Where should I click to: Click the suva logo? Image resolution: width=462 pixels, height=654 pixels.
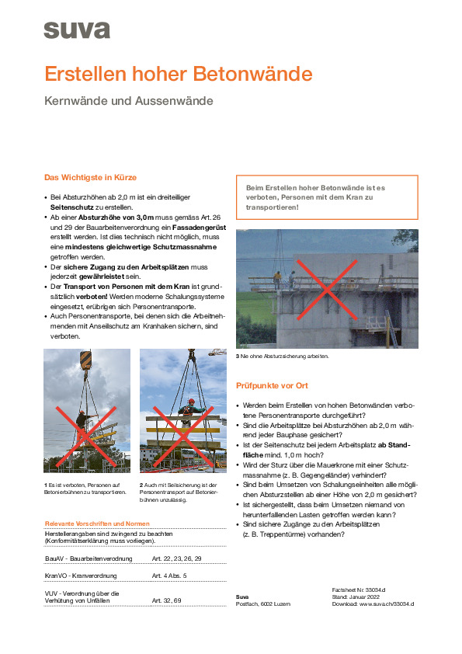tap(77, 30)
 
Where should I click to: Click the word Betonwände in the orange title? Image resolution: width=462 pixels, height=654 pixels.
tap(252, 74)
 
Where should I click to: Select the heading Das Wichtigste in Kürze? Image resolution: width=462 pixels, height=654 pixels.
tap(91, 177)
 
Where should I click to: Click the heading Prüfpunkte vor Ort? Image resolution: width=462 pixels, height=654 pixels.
tap(272, 386)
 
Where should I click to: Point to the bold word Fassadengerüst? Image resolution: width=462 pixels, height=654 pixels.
tap(200, 228)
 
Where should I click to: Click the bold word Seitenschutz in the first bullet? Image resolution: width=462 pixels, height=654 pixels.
tap(71, 207)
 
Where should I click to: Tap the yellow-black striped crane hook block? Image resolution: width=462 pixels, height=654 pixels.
tap(85, 360)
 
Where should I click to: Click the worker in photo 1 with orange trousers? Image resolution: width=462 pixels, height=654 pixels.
tap(82, 426)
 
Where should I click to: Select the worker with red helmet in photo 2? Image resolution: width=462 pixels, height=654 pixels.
tap(191, 411)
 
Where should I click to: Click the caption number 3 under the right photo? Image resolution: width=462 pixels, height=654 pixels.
tap(238, 357)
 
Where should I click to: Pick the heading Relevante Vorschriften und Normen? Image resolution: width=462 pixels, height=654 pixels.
tap(97, 524)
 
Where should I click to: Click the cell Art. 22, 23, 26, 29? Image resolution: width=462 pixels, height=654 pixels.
tap(176, 558)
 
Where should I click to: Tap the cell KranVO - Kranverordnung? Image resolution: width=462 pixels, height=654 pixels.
tap(81, 576)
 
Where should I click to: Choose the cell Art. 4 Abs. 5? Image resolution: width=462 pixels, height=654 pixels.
tap(168, 576)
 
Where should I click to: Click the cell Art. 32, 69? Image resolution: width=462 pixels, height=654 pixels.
tap(166, 600)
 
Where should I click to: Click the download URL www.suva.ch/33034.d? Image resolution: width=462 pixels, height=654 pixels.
tap(387, 604)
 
